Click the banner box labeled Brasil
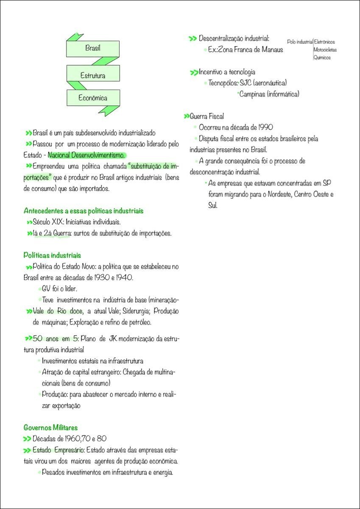click(x=93, y=48)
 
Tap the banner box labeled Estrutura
click(x=93, y=76)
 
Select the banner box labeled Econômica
click(x=93, y=98)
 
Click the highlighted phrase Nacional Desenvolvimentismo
click(x=87, y=155)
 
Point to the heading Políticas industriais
click(x=52, y=255)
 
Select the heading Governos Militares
click(x=50, y=428)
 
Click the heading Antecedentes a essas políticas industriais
click(x=84, y=211)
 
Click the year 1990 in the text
click(x=265, y=127)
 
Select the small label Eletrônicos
click(x=324, y=42)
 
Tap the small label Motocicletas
click(x=325, y=50)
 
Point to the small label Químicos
click(x=322, y=57)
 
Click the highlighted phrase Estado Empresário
click(x=59, y=450)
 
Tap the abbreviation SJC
click(x=246, y=83)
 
